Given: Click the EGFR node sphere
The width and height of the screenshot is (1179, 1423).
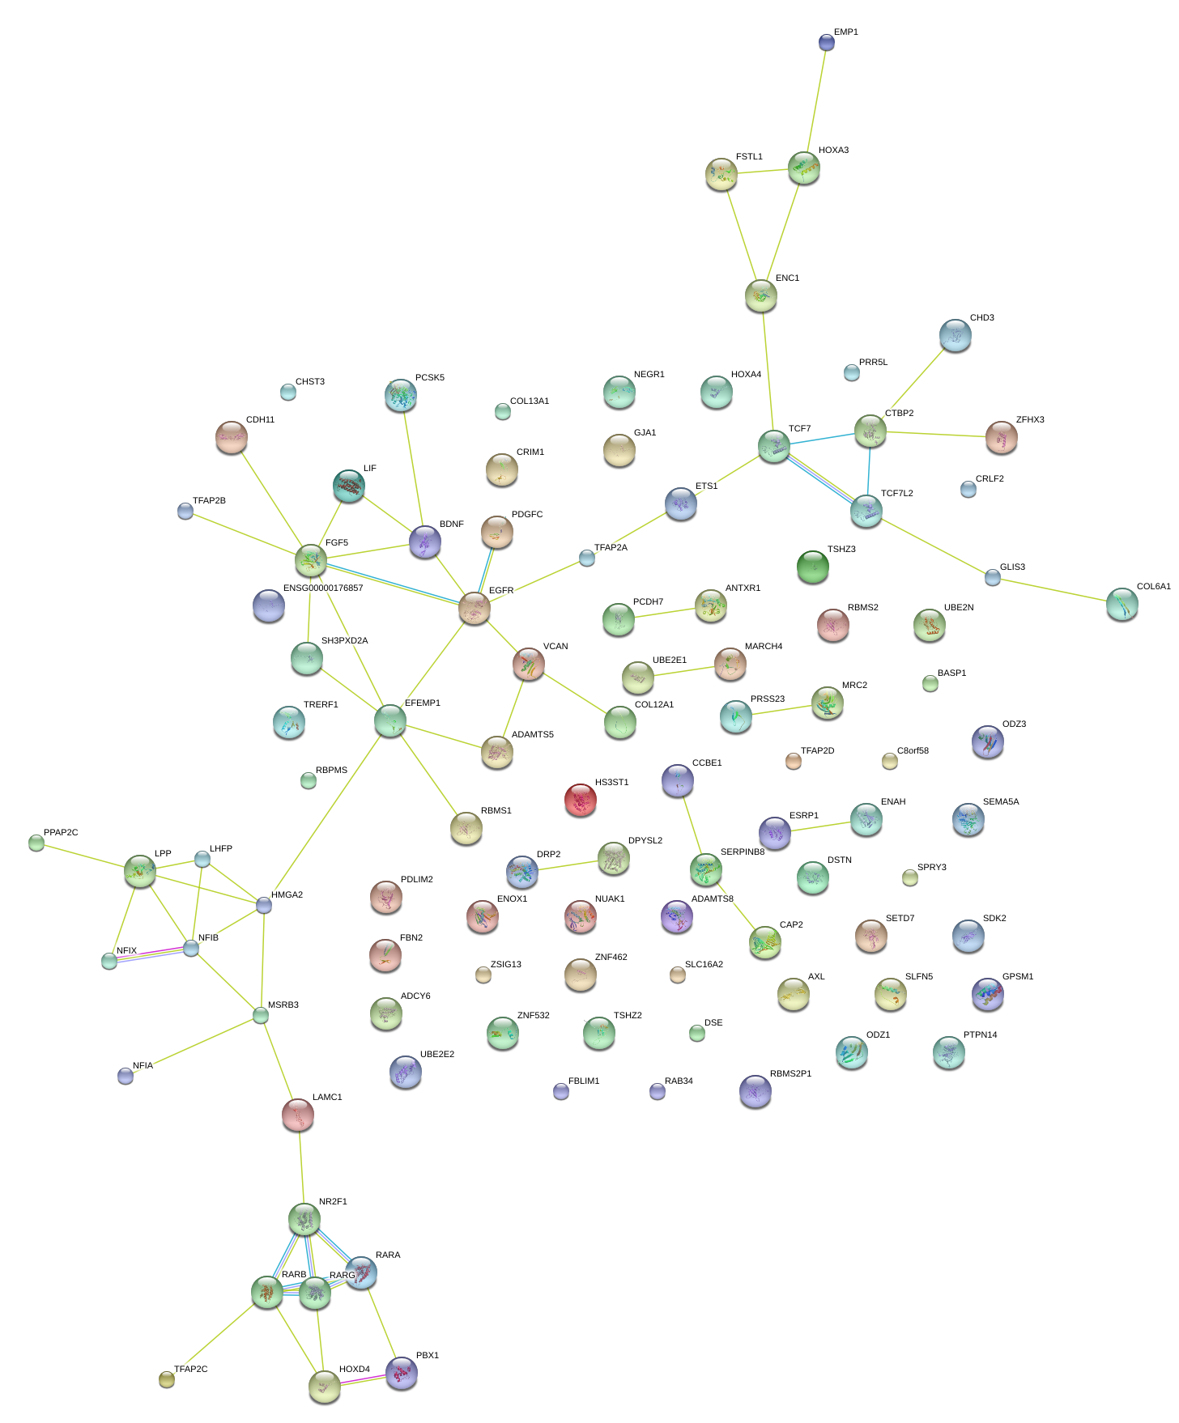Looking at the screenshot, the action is tap(475, 608).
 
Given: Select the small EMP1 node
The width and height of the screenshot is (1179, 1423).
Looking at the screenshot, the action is tap(826, 42).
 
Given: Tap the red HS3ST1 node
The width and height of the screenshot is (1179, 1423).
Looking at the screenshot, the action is tap(580, 800).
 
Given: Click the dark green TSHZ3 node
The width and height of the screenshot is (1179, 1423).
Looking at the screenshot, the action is tap(812, 567).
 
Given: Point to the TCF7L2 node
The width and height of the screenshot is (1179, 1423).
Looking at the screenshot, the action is tap(866, 510).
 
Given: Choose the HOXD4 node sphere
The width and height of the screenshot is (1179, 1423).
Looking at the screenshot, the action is tap(324, 1387).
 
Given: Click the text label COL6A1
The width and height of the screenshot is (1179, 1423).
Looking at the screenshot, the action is tap(1153, 587).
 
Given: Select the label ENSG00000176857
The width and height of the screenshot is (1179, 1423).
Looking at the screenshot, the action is tap(323, 588).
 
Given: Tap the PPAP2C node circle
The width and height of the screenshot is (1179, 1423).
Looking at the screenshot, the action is tap(36, 843).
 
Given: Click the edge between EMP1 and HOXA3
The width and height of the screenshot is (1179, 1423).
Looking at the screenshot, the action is tap(815, 97).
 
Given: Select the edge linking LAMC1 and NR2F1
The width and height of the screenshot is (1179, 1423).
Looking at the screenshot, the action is tap(301, 1167).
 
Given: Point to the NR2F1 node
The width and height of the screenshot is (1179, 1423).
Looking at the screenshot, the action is tap(304, 1219).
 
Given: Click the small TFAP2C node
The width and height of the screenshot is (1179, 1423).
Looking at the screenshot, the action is tap(166, 1379).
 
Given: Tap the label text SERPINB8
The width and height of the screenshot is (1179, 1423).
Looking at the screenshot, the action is tap(742, 852).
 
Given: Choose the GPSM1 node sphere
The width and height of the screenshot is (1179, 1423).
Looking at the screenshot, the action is tap(987, 994).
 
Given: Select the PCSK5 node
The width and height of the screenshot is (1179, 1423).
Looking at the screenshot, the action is tap(400, 395).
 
